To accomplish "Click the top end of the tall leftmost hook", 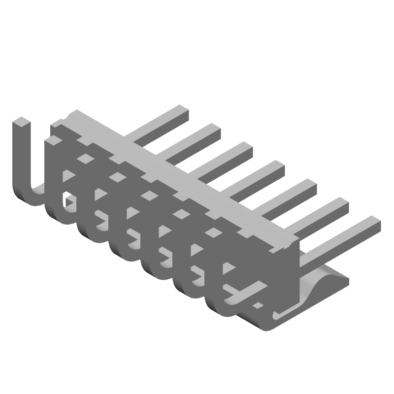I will pos(22,123).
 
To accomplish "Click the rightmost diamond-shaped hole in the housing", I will pos(213,231).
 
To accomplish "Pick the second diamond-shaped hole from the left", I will pos(117,176).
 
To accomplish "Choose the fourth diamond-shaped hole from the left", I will pos(181,213).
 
